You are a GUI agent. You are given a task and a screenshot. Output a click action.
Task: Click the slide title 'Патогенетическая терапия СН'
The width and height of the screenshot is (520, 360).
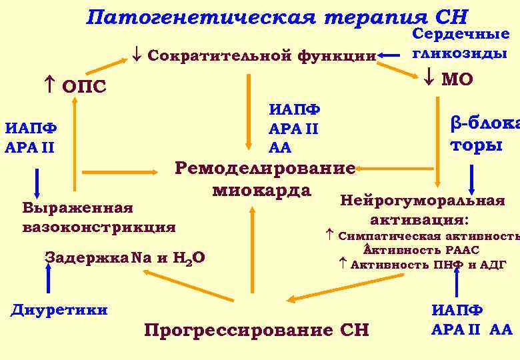click(x=277, y=17)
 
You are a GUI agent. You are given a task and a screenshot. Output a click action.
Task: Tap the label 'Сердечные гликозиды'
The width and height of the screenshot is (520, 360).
click(x=461, y=43)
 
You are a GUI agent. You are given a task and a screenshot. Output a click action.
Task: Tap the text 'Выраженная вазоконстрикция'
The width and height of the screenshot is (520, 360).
click(x=99, y=217)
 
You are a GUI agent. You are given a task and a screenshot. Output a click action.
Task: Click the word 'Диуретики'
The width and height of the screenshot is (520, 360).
click(x=59, y=309)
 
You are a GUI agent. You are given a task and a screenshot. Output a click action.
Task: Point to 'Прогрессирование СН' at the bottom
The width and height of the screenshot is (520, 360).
click(x=256, y=329)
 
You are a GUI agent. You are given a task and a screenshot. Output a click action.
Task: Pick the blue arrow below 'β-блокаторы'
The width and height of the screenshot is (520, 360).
click(x=472, y=179)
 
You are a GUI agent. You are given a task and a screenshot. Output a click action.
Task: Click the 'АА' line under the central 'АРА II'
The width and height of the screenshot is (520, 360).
click(x=280, y=147)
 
